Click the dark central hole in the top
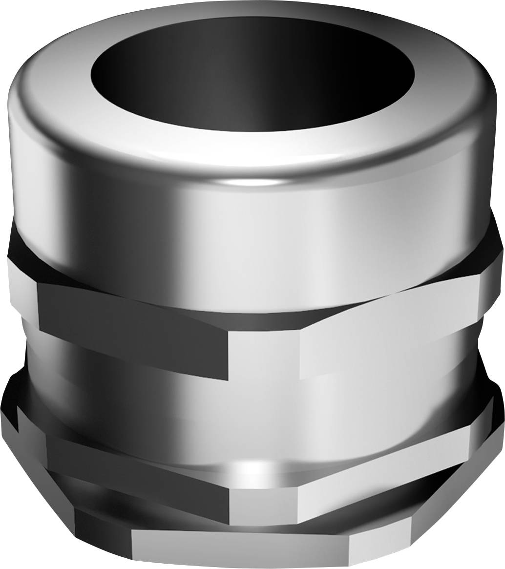pos(252,73)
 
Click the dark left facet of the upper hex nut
pos(132,327)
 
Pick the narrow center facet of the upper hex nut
pos(264,354)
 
